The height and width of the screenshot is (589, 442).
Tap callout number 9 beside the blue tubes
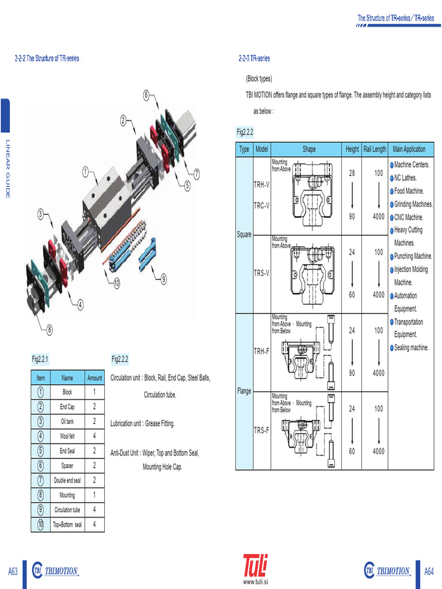(163, 279)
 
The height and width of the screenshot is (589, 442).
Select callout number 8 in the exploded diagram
(49, 330)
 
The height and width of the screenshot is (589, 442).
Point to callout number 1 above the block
(85, 171)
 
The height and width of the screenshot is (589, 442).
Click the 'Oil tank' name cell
(67, 422)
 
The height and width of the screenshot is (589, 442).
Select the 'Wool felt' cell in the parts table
(67, 436)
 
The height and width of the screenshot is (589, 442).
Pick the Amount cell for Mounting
(94, 495)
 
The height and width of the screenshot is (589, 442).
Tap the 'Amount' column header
(94, 378)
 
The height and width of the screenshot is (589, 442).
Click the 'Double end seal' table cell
(67, 480)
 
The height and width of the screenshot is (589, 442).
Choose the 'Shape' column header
(309, 149)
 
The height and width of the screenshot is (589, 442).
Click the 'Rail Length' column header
(375, 149)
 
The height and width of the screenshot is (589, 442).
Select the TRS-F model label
(261, 430)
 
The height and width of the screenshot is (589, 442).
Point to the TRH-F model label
(261, 350)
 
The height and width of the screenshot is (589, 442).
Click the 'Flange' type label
(244, 391)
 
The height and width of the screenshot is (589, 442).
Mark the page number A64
(429, 571)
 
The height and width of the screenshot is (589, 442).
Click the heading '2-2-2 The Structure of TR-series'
(47, 59)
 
